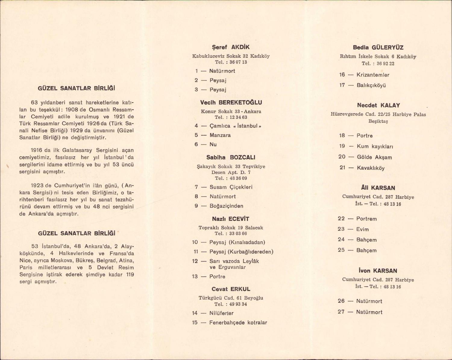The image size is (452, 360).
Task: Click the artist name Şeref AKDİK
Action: coord(231,47)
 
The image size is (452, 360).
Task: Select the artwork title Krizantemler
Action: coord(373,75)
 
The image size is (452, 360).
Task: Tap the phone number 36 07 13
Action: coord(238,62)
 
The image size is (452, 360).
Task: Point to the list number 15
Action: coord(195,323)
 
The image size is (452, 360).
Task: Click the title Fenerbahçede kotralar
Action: coord(238,323)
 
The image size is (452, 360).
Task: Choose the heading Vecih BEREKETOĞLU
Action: coord(231,103)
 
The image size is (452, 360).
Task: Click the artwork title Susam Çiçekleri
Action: coord(231,187)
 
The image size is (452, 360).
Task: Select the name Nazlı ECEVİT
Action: coord(231,219)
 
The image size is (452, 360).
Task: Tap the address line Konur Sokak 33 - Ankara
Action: coord(231,112)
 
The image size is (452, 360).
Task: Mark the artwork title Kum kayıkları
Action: coord(375,147)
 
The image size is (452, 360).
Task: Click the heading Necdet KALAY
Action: coord(378,106)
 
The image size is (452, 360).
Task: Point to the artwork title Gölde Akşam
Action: coord(374,157)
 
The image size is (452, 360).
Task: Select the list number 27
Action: coord(341,312)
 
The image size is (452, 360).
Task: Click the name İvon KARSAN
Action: coord(378,271)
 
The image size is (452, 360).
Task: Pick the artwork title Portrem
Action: coord(366,219)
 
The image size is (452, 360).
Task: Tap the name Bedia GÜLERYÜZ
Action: coord(378,48)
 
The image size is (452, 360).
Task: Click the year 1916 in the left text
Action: coord(37,150)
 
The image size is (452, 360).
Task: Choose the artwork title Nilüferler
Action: coord(221,313)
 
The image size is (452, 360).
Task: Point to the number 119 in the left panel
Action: coord(130,275)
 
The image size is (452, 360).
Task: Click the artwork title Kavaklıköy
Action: coord(371,168)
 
